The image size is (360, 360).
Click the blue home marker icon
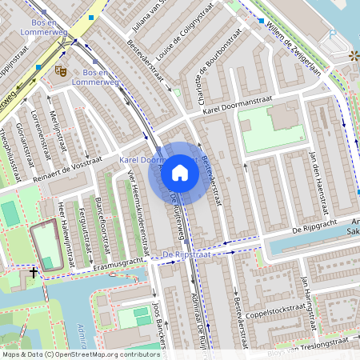pyautogui.click(x=180, y=172)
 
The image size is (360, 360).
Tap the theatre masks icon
pyautogui.click(x=60, y=70)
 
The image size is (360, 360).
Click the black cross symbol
pyautogui.click(x=33, y=272)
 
